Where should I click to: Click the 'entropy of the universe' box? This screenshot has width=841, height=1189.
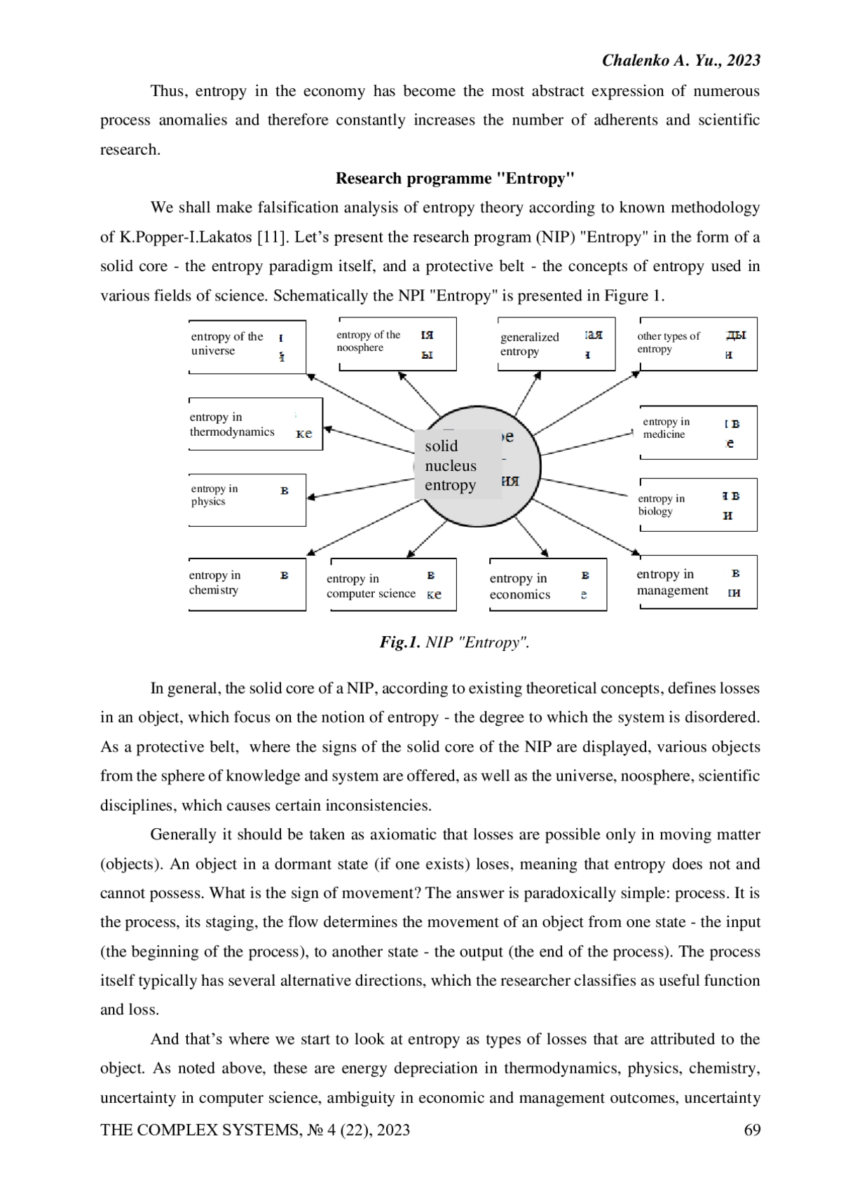(x=247, y=346)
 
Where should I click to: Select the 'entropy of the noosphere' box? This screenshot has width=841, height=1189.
(x=397, y=343)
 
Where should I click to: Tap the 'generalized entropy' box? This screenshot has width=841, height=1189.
(x=555, y=344)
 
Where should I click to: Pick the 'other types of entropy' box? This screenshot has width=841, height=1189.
(x=697, y=343)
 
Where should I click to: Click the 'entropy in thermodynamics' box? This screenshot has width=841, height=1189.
(x=255, y=424)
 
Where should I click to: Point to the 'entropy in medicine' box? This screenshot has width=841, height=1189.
(x=698, y=432)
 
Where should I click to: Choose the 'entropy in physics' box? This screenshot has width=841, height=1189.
(x=247, y=499)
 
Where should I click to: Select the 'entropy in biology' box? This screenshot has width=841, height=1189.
(x=698, y=504)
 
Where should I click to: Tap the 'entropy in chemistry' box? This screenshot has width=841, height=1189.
(x=247, y=584)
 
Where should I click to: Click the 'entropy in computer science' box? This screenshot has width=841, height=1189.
(x=392, y=585)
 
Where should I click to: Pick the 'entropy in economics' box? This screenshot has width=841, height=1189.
(x=547, y=585)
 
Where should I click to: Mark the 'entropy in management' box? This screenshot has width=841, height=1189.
(x=697, y=582)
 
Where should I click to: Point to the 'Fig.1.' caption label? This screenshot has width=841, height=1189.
(x=399, y=642)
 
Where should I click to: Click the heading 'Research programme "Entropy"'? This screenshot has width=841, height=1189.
(x=455, y=178)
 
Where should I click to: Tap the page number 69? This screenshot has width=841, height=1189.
(x=751, y=1129)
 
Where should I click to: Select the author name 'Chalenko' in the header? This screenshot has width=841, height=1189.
(x=636, y=60)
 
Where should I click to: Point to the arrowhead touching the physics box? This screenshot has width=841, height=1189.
(x=311, y=497)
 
